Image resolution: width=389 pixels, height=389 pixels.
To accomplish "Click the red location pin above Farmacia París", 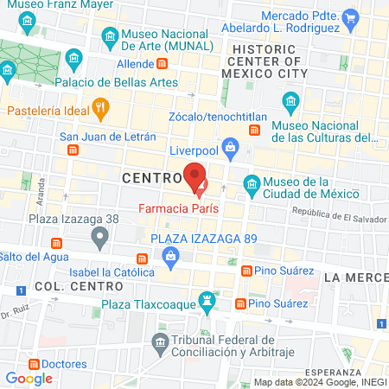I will point(196,176).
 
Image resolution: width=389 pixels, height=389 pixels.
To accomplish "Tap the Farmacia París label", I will point(180,208).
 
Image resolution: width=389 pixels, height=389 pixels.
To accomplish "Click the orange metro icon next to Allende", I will point(162,64).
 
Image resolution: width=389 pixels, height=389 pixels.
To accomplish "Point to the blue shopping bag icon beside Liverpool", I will point(230,148).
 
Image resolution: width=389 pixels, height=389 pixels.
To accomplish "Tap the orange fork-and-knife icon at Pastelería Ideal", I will point(101,109).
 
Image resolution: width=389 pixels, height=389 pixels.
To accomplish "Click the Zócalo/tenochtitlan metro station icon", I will point(254,130).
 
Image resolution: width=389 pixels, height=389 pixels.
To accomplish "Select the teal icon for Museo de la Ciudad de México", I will point(252,183).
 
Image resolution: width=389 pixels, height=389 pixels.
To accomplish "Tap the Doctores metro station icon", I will point(23,364).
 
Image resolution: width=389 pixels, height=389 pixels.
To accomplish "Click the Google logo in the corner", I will point(29,378).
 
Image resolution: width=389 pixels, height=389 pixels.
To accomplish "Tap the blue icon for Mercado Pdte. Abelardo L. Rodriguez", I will point(350,16).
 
